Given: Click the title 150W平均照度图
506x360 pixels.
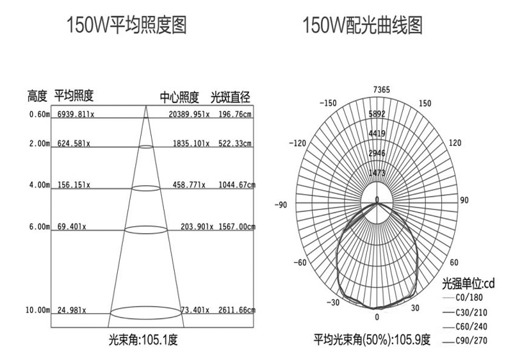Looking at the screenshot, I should point(127,26).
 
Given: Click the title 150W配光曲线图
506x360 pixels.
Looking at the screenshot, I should point(363,26).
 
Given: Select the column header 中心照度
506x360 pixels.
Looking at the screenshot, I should point(179,97).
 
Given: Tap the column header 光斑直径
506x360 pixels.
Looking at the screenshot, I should point(230,97).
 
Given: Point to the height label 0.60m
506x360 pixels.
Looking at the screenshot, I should point(39,115).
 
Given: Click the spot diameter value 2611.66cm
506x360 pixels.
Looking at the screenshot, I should point(236,310).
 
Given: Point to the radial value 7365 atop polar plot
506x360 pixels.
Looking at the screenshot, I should point(377,89).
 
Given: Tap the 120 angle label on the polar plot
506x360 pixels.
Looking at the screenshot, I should point(455,143).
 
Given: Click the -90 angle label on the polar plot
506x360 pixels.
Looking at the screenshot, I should point(280,205).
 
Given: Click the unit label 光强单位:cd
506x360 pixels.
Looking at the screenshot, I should point(469,283).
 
